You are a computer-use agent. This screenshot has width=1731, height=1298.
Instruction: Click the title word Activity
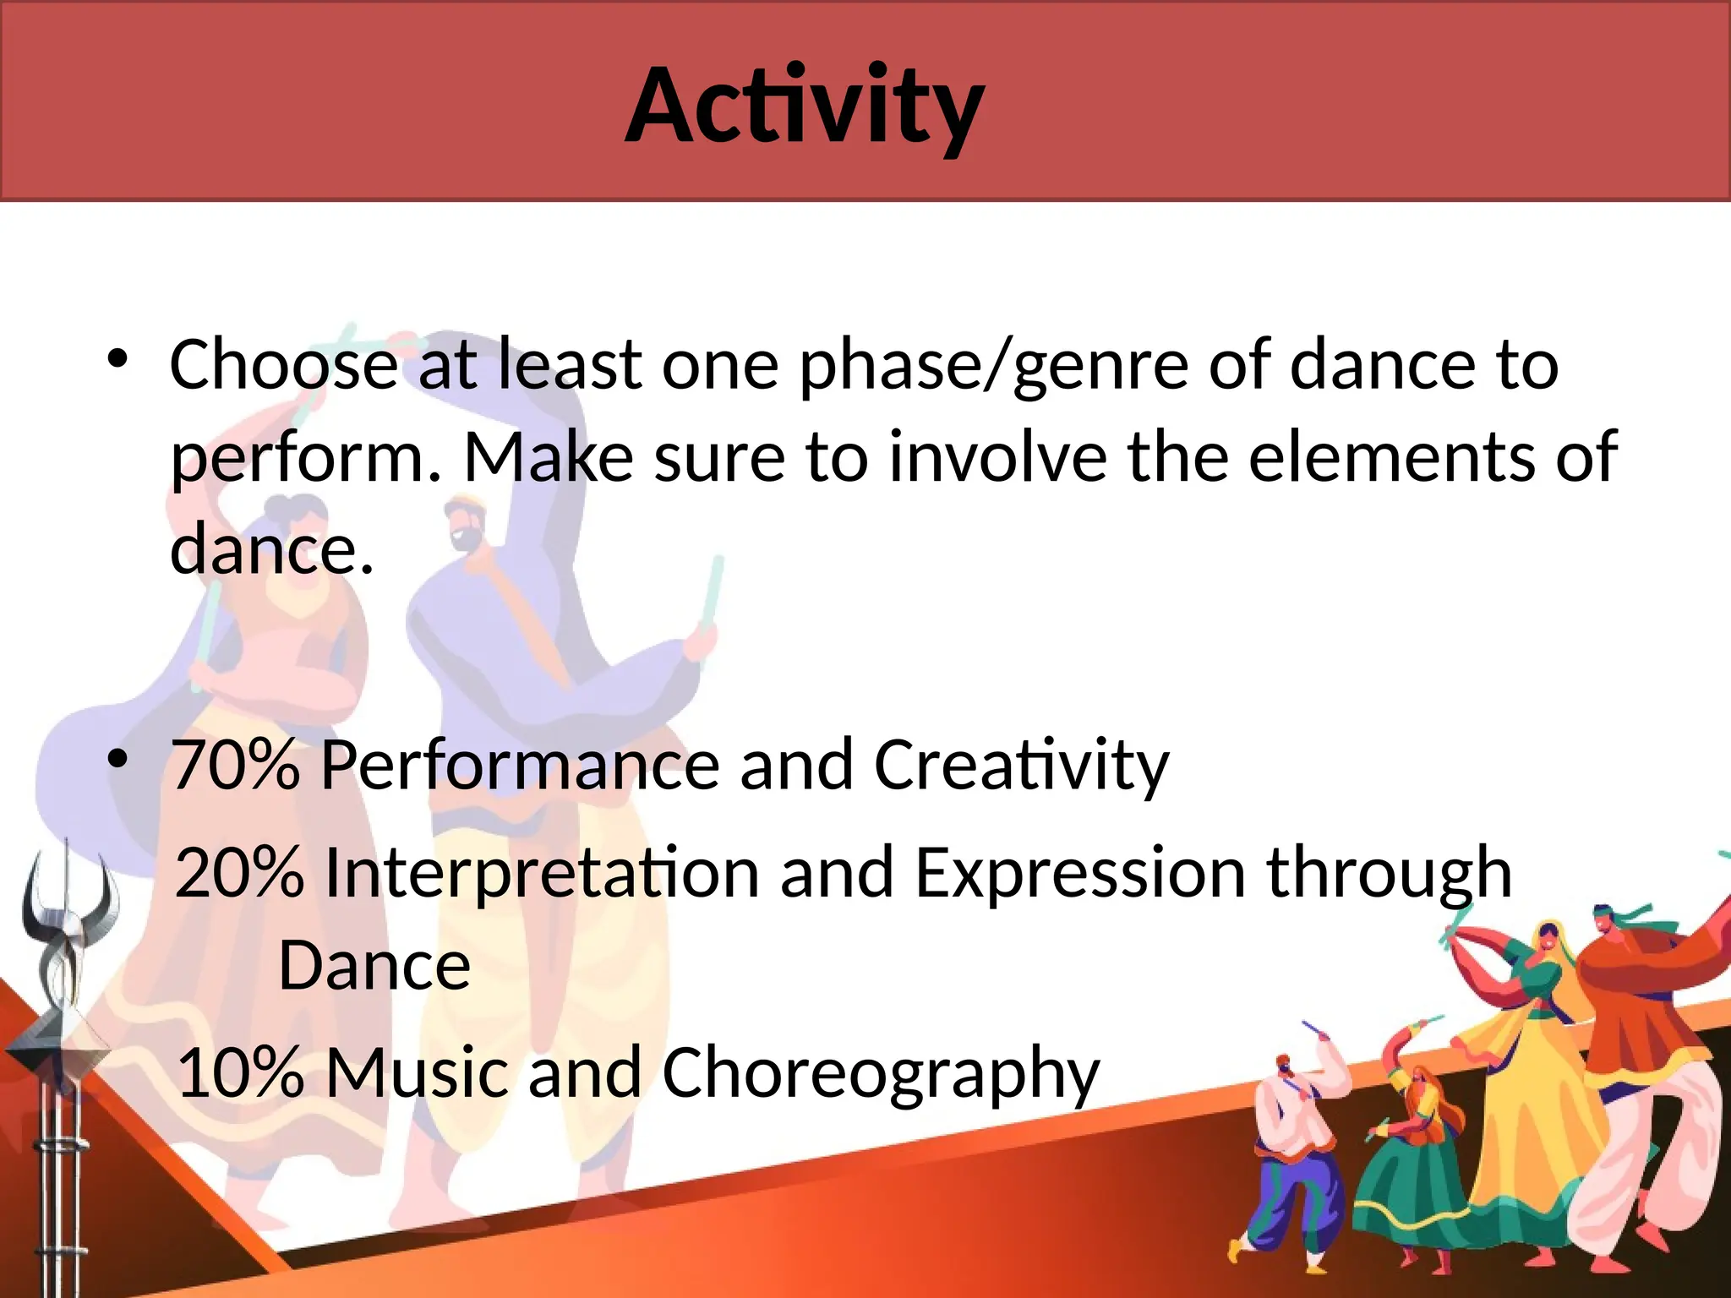[x=805, y=106]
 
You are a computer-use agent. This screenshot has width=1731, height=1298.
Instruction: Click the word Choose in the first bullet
[x=284, y=365]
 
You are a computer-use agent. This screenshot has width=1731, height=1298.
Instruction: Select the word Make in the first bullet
[x=549, y=457]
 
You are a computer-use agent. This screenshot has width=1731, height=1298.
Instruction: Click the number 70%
[x=236, y=765]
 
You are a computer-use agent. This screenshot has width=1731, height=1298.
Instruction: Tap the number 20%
[x=239, y=873]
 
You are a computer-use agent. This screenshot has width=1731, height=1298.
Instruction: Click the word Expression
[x=1079, y=873]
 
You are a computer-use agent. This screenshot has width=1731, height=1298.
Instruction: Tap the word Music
[x=417, y=1072]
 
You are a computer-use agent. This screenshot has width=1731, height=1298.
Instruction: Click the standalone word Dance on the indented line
[x=374, y=966]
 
